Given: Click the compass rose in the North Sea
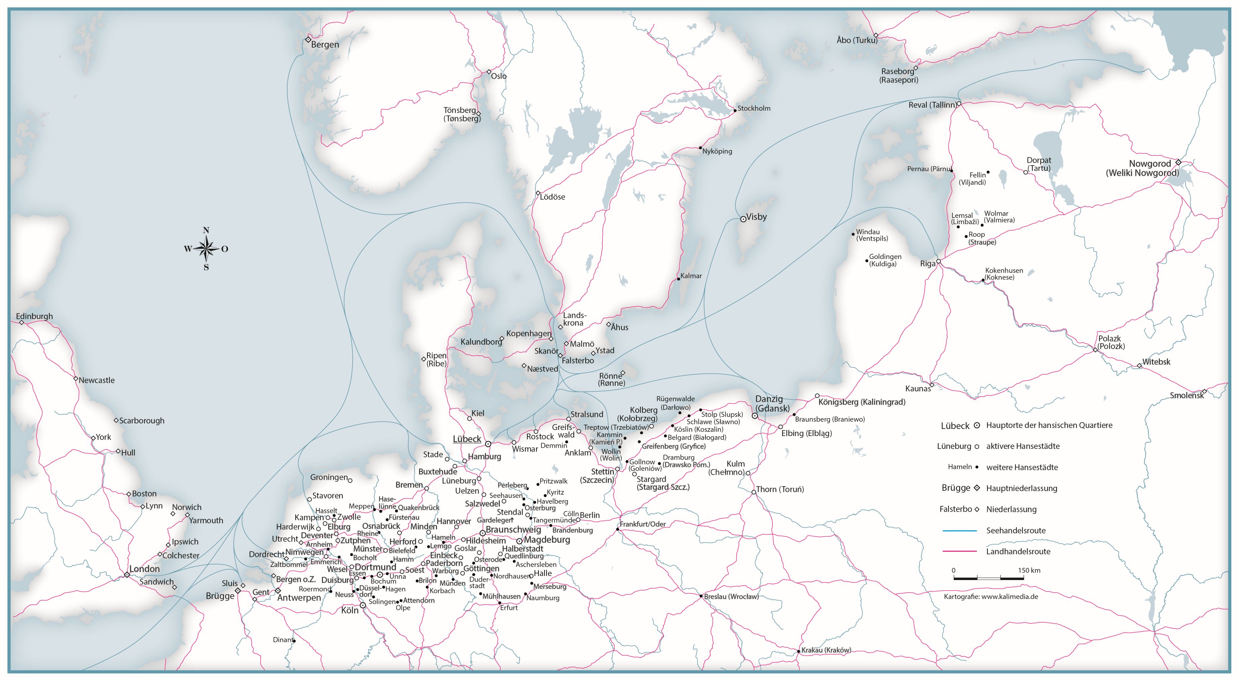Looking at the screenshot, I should pyautogui.click(x=206, y=249).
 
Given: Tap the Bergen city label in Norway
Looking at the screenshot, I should pyautogui.click(x=325, y=45).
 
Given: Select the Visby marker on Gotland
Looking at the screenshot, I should pyautogui.click(x=743, y=219).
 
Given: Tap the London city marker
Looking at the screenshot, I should pyautogui.click(x=127, y=575).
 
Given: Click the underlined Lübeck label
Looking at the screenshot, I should pyautogui.click(x=466, y=439).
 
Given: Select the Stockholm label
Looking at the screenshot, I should pyautogui.click(x=754, y=108).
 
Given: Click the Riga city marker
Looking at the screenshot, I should pyautogui.click(x=938, y=261).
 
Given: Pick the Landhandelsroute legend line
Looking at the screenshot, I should pyautogui.click(x=960, y=551).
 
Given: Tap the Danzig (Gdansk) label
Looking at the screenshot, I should pyautogui.click(x=772, y=403).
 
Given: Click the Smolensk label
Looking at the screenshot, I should pyautogui.click(x=1186, y=395).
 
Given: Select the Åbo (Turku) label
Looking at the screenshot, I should pyautogui.click(x=857, y=40).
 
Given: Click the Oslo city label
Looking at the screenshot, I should pyautogui.click(x=498, y=76).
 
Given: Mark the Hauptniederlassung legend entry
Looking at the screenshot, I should pyautogui.click(x=1021, y=488).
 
